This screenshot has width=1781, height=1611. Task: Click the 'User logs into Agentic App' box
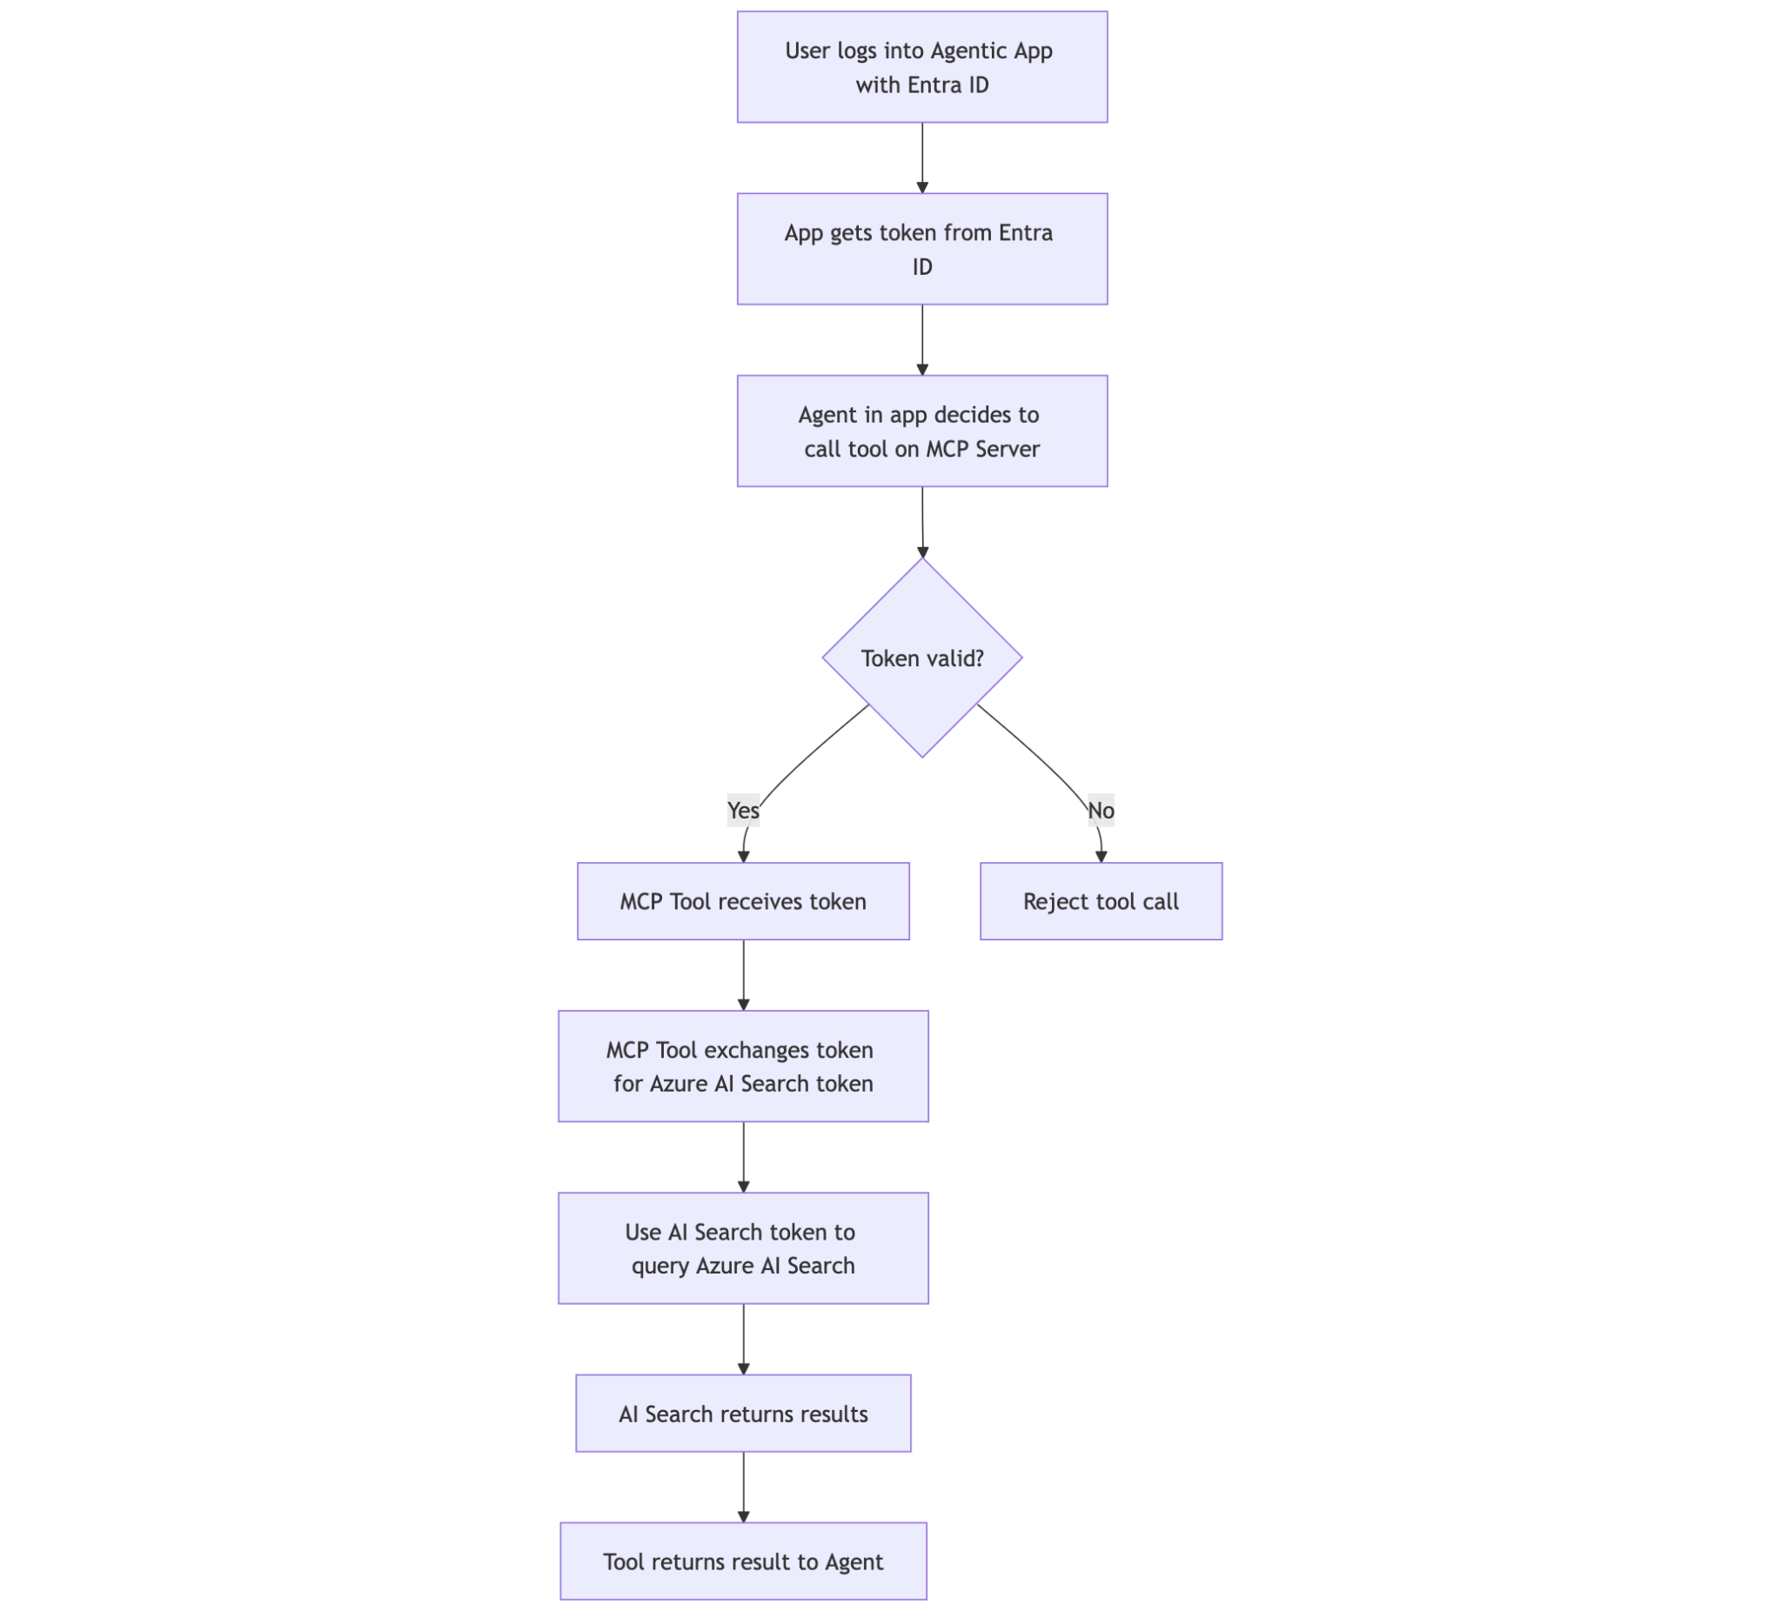(x=921, y=67)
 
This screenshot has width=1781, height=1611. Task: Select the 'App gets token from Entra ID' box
(x=921, y=249)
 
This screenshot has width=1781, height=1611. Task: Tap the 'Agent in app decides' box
(x=921, y=431)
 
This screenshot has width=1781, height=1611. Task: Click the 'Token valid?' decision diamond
(x=921, y=658)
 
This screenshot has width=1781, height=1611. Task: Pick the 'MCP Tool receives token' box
(x=743, y=901)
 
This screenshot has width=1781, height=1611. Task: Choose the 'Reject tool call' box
(x=1101, y=901)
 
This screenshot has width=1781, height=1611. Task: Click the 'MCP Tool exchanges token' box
(x=743, y=1066)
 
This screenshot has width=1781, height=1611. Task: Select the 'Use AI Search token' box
(x=743, y=1248)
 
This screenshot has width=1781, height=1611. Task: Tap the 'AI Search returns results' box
(x=743, y=1414)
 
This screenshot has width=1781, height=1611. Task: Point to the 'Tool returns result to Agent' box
(x=743, y=1561)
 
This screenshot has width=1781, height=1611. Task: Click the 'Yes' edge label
(x=743, y=810)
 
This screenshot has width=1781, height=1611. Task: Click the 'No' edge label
(x=1101, y=810)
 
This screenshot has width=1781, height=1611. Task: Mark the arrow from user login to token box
(x=922, y=157)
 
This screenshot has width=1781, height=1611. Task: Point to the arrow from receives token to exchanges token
(x=744, y=975)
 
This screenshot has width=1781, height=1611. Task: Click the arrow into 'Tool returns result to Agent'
(x=744, y=1487)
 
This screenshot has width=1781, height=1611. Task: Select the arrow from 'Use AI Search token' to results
(x=744, y=1339)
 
